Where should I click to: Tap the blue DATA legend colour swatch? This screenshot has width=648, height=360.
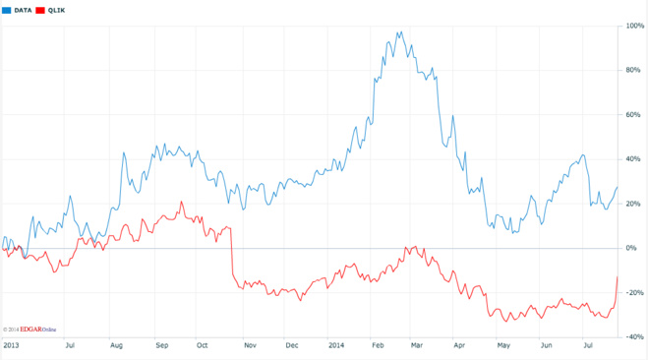(7, 9)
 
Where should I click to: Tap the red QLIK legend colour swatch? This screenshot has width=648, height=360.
(40, 9)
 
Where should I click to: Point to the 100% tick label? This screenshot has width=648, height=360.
(635, 26)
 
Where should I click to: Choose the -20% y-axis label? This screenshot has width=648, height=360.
(635, 292)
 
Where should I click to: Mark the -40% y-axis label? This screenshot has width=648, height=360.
(635, 336)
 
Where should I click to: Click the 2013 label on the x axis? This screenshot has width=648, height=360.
(11, 346)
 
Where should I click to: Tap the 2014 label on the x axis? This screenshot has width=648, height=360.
(336, 346)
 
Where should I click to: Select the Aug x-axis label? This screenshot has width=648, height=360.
(116, 346)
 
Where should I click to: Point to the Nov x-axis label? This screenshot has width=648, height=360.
(250, 346)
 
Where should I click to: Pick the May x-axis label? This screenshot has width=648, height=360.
(504, 346)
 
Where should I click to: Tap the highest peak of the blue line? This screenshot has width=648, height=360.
(399, 32)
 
